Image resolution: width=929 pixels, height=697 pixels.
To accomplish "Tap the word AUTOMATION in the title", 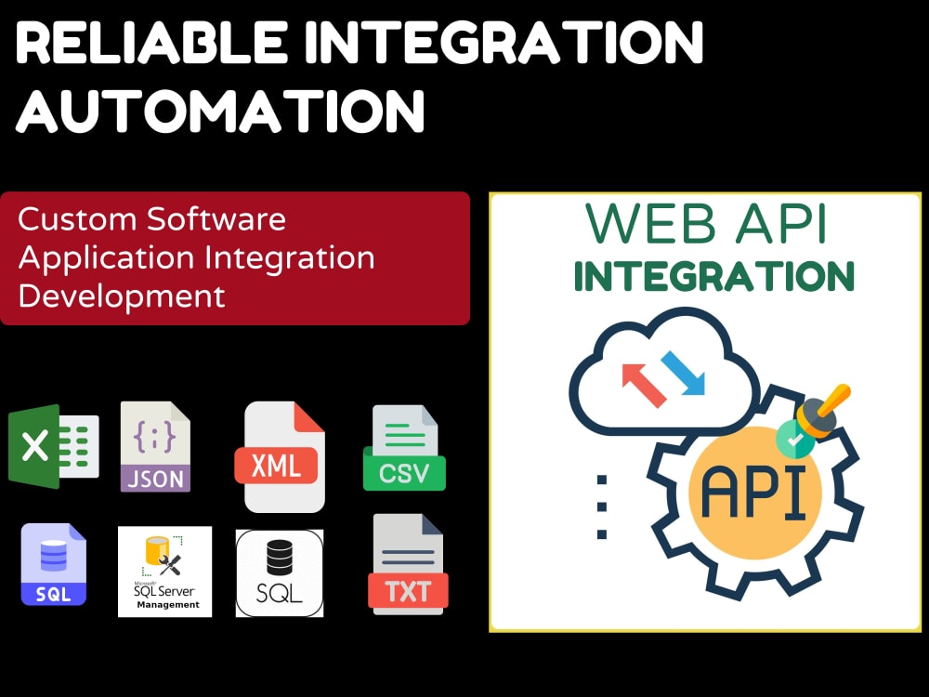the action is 220,111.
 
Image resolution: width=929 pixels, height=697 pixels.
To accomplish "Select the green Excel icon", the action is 53,446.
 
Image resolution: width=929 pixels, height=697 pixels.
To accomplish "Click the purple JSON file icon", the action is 155,446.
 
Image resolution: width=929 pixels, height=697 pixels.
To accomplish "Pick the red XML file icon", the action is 280,457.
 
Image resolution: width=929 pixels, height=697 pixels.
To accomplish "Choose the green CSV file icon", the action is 404,448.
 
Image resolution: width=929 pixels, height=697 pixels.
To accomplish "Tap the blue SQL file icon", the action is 53,564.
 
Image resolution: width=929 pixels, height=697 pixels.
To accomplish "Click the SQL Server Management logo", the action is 164,572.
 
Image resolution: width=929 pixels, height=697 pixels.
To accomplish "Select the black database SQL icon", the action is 280,573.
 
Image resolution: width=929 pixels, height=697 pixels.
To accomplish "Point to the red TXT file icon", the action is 408,564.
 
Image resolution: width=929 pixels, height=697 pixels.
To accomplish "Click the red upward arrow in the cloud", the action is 644,385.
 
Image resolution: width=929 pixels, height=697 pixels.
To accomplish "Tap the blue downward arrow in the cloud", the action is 683,373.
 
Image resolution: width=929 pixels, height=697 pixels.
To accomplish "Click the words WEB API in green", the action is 706,223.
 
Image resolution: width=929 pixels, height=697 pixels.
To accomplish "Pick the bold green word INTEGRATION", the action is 713,276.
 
